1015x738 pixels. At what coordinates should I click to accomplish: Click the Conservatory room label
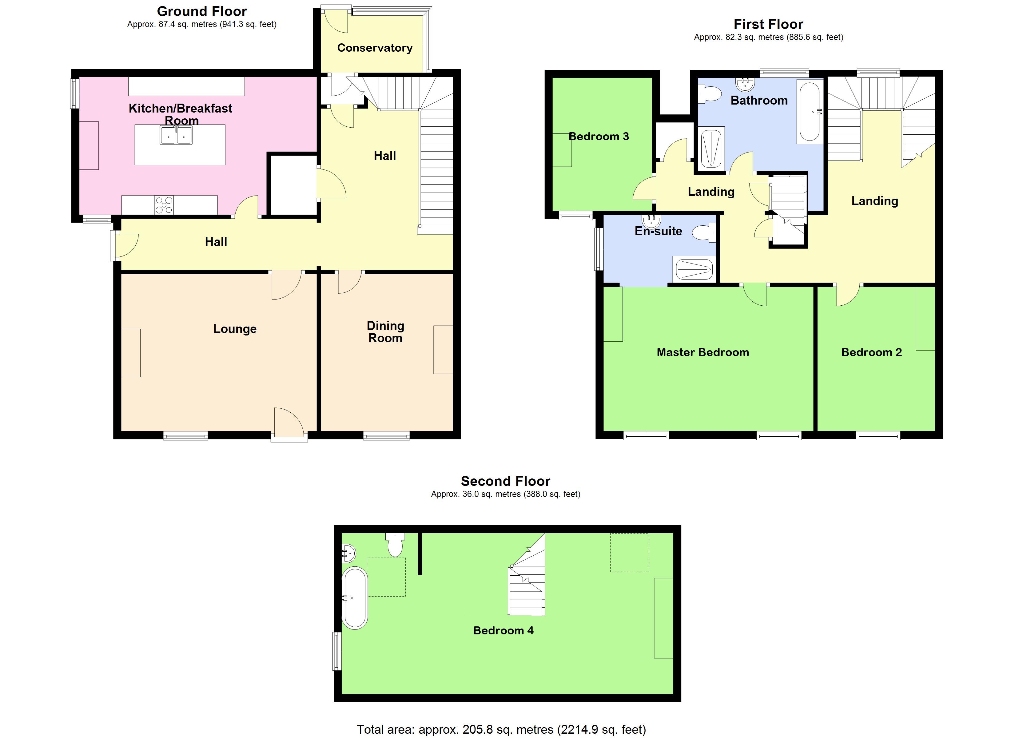375,48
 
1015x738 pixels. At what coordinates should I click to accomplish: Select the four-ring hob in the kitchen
164,205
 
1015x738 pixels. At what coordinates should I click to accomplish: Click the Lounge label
234,329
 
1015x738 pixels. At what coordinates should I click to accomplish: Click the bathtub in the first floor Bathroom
809,111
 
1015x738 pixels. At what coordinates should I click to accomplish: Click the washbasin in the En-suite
651,221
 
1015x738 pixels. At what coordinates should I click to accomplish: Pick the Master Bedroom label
703,352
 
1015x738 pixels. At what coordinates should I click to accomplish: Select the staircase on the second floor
527,582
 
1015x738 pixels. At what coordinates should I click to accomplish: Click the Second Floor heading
505,481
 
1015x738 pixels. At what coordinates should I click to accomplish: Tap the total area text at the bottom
501,729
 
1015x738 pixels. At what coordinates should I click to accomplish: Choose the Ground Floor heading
202,11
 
